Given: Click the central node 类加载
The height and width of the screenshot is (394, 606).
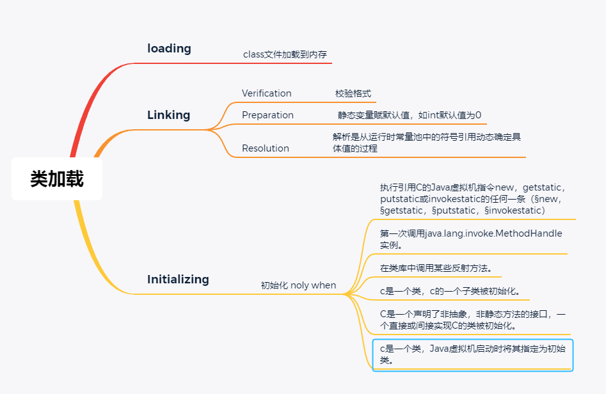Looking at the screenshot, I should tap(57, 179).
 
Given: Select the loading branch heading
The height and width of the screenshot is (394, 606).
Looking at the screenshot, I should tap(169, 49).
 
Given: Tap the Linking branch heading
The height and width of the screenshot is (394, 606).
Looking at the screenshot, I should tap(169, 115).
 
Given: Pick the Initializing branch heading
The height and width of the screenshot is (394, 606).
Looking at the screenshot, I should tap(178, 280).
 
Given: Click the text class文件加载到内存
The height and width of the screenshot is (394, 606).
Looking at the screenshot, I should tap(285, 55).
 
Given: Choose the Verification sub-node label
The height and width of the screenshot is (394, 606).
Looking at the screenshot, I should tap(266, 93).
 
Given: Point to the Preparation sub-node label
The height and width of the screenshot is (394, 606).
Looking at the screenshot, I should tap(267, 115).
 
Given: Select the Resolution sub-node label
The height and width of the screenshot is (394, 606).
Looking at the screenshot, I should tap(265, 148).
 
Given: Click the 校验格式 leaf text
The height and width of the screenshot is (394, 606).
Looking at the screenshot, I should tap(353, 93).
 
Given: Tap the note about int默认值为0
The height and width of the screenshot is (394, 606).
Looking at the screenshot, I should tap(410, 115).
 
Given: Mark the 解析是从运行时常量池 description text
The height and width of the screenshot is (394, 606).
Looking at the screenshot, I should tap(426, 143).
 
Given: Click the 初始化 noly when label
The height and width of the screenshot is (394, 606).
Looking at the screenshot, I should tap(298, 285).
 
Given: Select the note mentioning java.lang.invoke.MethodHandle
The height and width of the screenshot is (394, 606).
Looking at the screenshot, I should tap(471, 239).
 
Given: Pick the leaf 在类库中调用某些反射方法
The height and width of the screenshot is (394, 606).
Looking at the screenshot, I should tap(436, 268).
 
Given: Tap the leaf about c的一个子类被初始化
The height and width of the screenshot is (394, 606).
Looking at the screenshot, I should tap(450, 292).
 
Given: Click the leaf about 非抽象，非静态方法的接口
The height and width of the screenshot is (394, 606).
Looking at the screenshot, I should tap(472, 319).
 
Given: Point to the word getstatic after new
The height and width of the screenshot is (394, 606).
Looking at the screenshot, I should tap(543, 187).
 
